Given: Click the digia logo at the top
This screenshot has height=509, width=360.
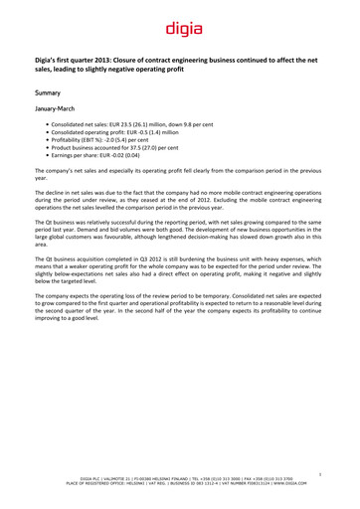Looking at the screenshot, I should [x=179, y=31].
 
